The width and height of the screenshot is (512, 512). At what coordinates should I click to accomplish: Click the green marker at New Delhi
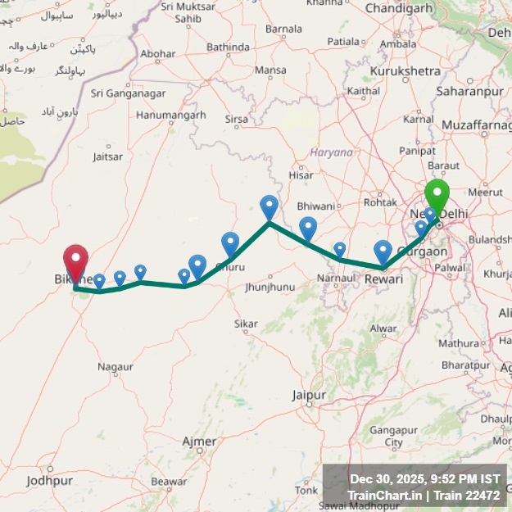coord(437,197)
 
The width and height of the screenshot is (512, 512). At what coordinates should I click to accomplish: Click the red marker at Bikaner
coord(75,262)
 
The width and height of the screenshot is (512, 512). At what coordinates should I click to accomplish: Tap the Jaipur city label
coord(309,395)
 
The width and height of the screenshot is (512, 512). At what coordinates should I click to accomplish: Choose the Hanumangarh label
coord(170,116)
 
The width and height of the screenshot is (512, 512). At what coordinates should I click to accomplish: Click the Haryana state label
coord(331,152)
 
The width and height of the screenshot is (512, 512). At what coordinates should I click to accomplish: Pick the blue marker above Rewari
coord(383,251)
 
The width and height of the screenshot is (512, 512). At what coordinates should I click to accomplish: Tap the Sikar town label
coord(246,324)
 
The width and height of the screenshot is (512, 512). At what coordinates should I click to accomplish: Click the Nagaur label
coord(115,366)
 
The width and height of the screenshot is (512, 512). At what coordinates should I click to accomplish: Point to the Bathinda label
coord(228,48)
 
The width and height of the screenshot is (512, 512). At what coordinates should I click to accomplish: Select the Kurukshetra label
coord(406,71)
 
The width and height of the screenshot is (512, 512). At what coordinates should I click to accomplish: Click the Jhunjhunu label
coord(269,288)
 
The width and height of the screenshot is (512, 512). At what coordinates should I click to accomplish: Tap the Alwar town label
coord(382,328)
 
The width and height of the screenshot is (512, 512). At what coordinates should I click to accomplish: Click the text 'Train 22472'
coord(466,495)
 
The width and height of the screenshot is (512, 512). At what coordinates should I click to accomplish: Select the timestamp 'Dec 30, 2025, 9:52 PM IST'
coord(424,479)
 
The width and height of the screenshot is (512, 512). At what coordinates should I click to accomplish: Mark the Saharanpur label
coord(469,92)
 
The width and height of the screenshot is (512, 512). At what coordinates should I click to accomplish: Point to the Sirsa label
coord(236,119)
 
